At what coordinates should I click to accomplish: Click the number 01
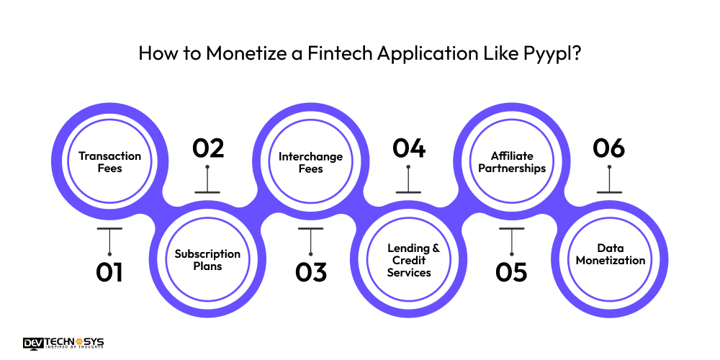[x=109, y=272]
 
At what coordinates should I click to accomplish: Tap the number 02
[x=208, y=148]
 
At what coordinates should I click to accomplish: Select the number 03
[x=310, y=272]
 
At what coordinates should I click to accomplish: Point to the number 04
[x=409, y=148]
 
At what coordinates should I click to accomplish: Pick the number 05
[x=511, y=272]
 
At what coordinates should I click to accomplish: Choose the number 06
[x=609, y=148]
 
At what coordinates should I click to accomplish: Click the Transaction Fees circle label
[x=109, y=162]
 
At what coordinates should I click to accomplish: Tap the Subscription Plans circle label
[x=208, y=260]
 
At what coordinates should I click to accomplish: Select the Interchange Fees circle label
[x=310, y=162]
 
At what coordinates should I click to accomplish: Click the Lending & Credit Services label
[x=409, y=260]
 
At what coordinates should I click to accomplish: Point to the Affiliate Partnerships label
[x=511, y=162]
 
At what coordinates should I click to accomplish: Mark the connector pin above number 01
[x=109, y=240]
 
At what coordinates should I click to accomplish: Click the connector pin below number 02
[x=208, y=180]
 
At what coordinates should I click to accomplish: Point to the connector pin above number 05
[x=511, y=240]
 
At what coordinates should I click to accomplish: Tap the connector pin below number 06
[x=609, y=180]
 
